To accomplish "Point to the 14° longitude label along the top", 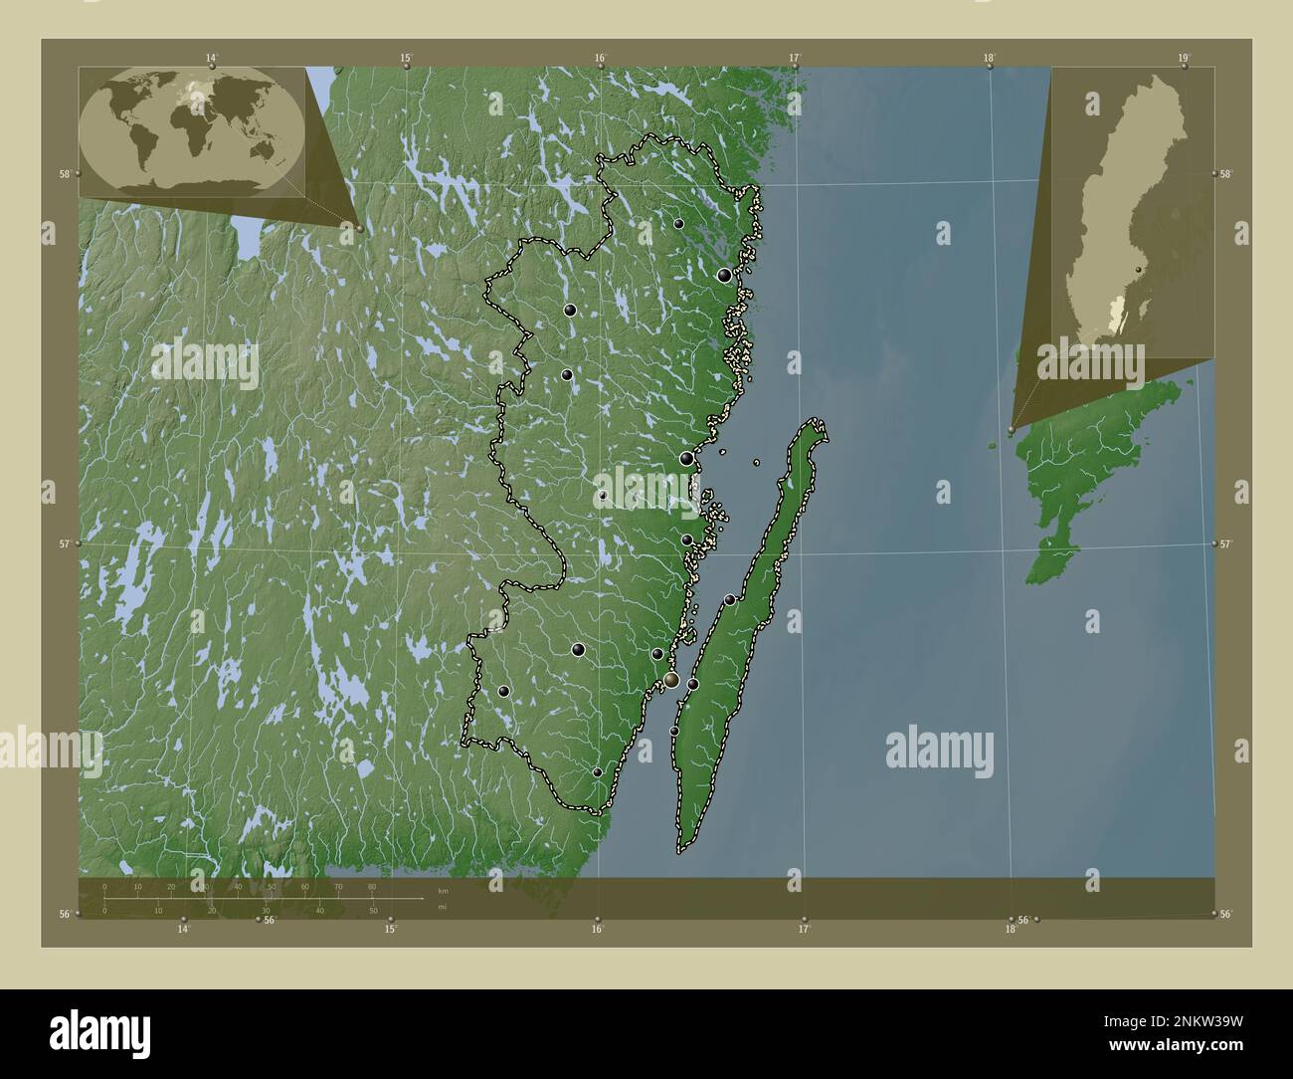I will pos(211,58).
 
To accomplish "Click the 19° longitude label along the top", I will pos(1182,58).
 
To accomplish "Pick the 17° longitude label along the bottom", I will pos(803,930).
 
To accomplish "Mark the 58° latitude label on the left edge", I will pos(65,174).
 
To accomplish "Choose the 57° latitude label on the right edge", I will pos(1225,543).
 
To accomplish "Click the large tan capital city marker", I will pos(672,680).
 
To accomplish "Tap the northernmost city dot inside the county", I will pos(678,224).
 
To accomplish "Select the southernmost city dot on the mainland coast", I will pos(597,772).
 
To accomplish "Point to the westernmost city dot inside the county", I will pos(504,691).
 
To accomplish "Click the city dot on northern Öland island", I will pos(730,599).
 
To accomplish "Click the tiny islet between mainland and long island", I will pos(757,462).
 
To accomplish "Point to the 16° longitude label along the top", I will pos(601,58).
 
